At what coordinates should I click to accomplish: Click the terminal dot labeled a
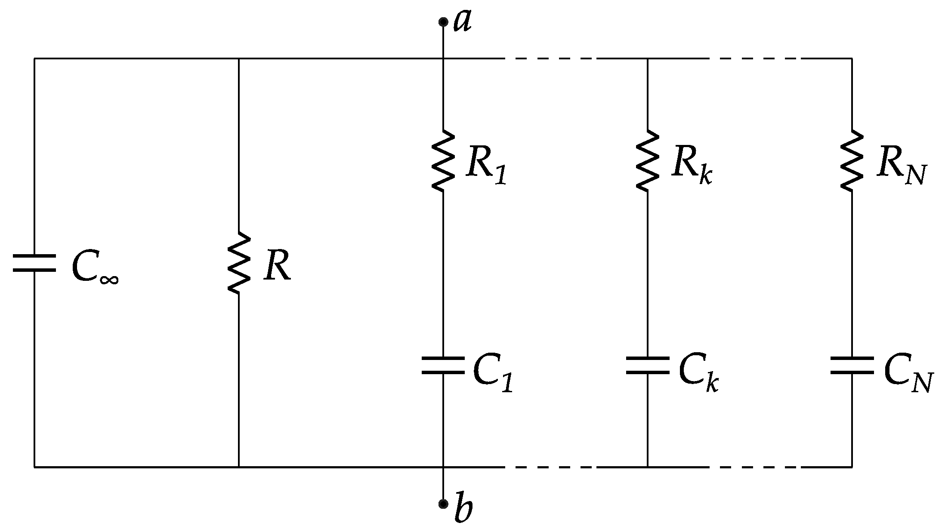pyautogui.click(x=443, y=22)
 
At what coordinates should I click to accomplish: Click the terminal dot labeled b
pyautogui.click(x=443, y=504)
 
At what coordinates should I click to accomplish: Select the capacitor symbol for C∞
pyautogui.click(x=34, y=263)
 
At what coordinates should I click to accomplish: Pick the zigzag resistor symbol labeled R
pyautogui.click(x=239, y=263)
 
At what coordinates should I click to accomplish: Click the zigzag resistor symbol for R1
pyautogui.click(x=443, y=160)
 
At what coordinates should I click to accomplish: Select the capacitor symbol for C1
pyautogui.click(x=443, y=365)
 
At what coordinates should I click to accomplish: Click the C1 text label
pyautogui.click(x=493, y=373)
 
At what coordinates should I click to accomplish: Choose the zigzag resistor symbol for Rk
pyautogui.click(x=647, y=160)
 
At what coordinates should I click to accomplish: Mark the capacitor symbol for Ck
pyautogui.click(x=647, y=365)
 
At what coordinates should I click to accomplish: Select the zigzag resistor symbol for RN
pyautogui.click(x=852, y=160)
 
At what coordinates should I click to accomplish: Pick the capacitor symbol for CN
pyautogui.click(x=852, y=365)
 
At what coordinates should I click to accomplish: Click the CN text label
pyautogui.click(x=908, y=373)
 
